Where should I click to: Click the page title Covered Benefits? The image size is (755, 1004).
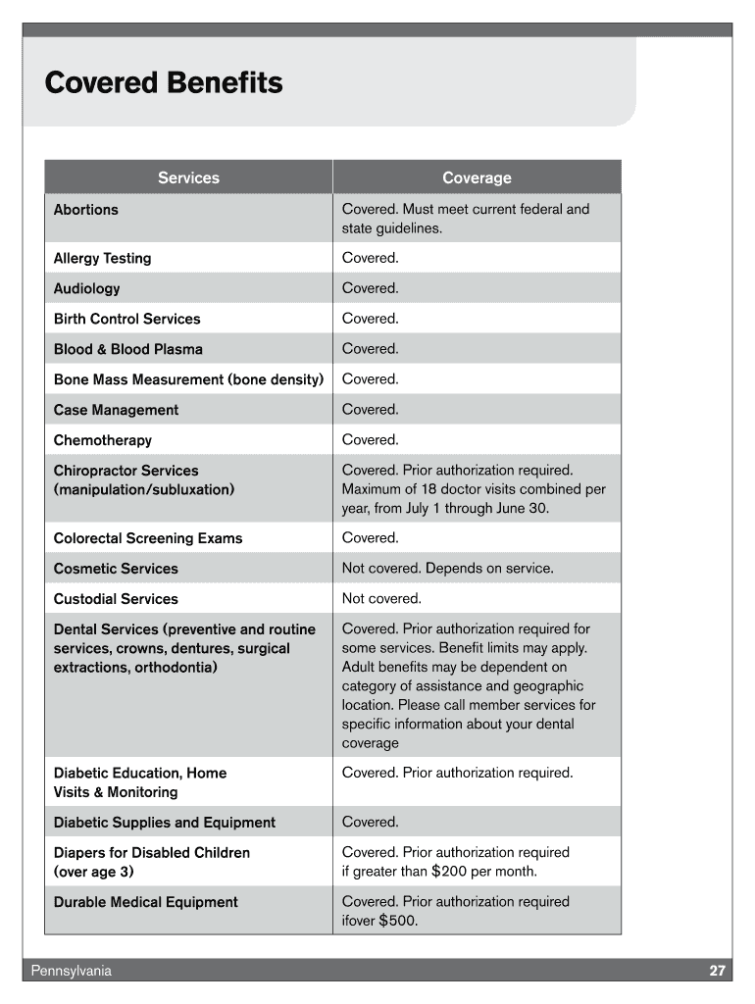pyautogui.click(x=164, y=83)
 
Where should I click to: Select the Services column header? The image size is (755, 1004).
pyautogui.click(x=188, y=177)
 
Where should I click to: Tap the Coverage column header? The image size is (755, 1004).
pyautogui.click(x=477, y=177)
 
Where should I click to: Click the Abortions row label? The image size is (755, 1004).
pyautogui.click(x=85, y=210)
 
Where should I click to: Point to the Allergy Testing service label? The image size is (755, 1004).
pyautogui.click(x=102, y=259)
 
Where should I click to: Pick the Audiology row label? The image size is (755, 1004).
pyautogui.click(x=86, y=289)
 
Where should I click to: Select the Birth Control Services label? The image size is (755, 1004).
pyautogui.click(x=126, y=320)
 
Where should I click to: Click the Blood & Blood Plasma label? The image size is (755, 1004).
pyautogui.click(x=127, y=350)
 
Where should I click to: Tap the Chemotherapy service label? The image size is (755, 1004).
pyautogui.click(x=102, y=441)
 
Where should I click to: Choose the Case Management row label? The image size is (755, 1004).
pyautogui.click(x=116, y=411)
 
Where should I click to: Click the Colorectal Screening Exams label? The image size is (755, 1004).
pyautogui.click(x=147, y=538)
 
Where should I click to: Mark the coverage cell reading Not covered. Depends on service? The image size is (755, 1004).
pyautogui.click(x=447, y=569)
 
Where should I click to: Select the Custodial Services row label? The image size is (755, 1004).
pyautogui.click(x=116, y=599)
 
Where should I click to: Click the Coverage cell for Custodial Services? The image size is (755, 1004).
pyautogui.click(x=381, y=599)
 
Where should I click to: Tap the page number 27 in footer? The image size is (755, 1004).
pyautogui.click(x=718, y=971)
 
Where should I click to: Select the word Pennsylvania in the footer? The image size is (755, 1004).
pyautogui.click(x=71, y=971)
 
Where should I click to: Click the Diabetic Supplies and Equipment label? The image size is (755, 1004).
pyautogui.click(x=164, y=823)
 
